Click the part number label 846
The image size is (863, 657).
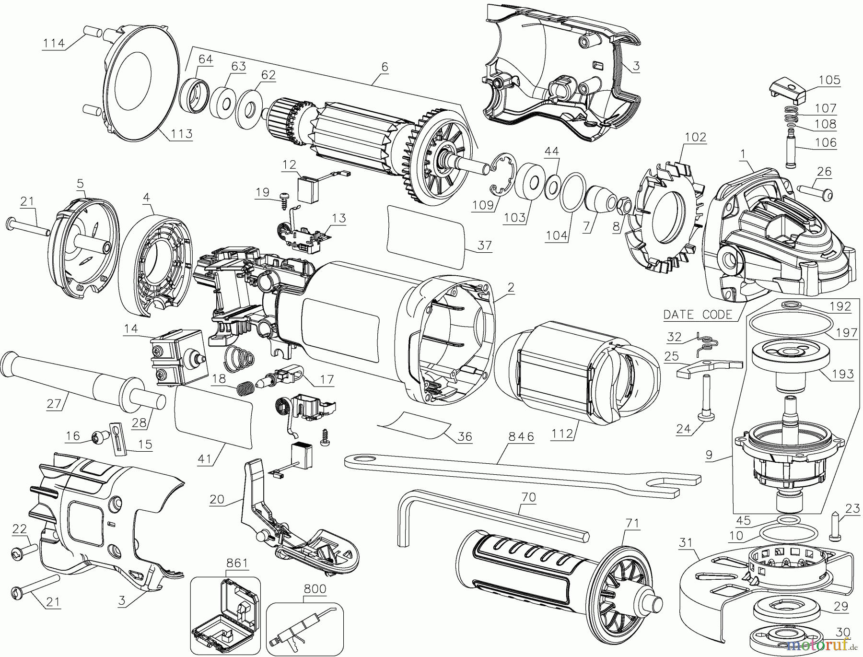[x=521, y=436]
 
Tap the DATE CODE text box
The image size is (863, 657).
[x=698, y=315]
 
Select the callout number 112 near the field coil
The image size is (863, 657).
[x=562, y=434]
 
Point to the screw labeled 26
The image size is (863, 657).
[x=815, y=191]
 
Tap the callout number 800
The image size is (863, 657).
[x=315, y=589]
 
